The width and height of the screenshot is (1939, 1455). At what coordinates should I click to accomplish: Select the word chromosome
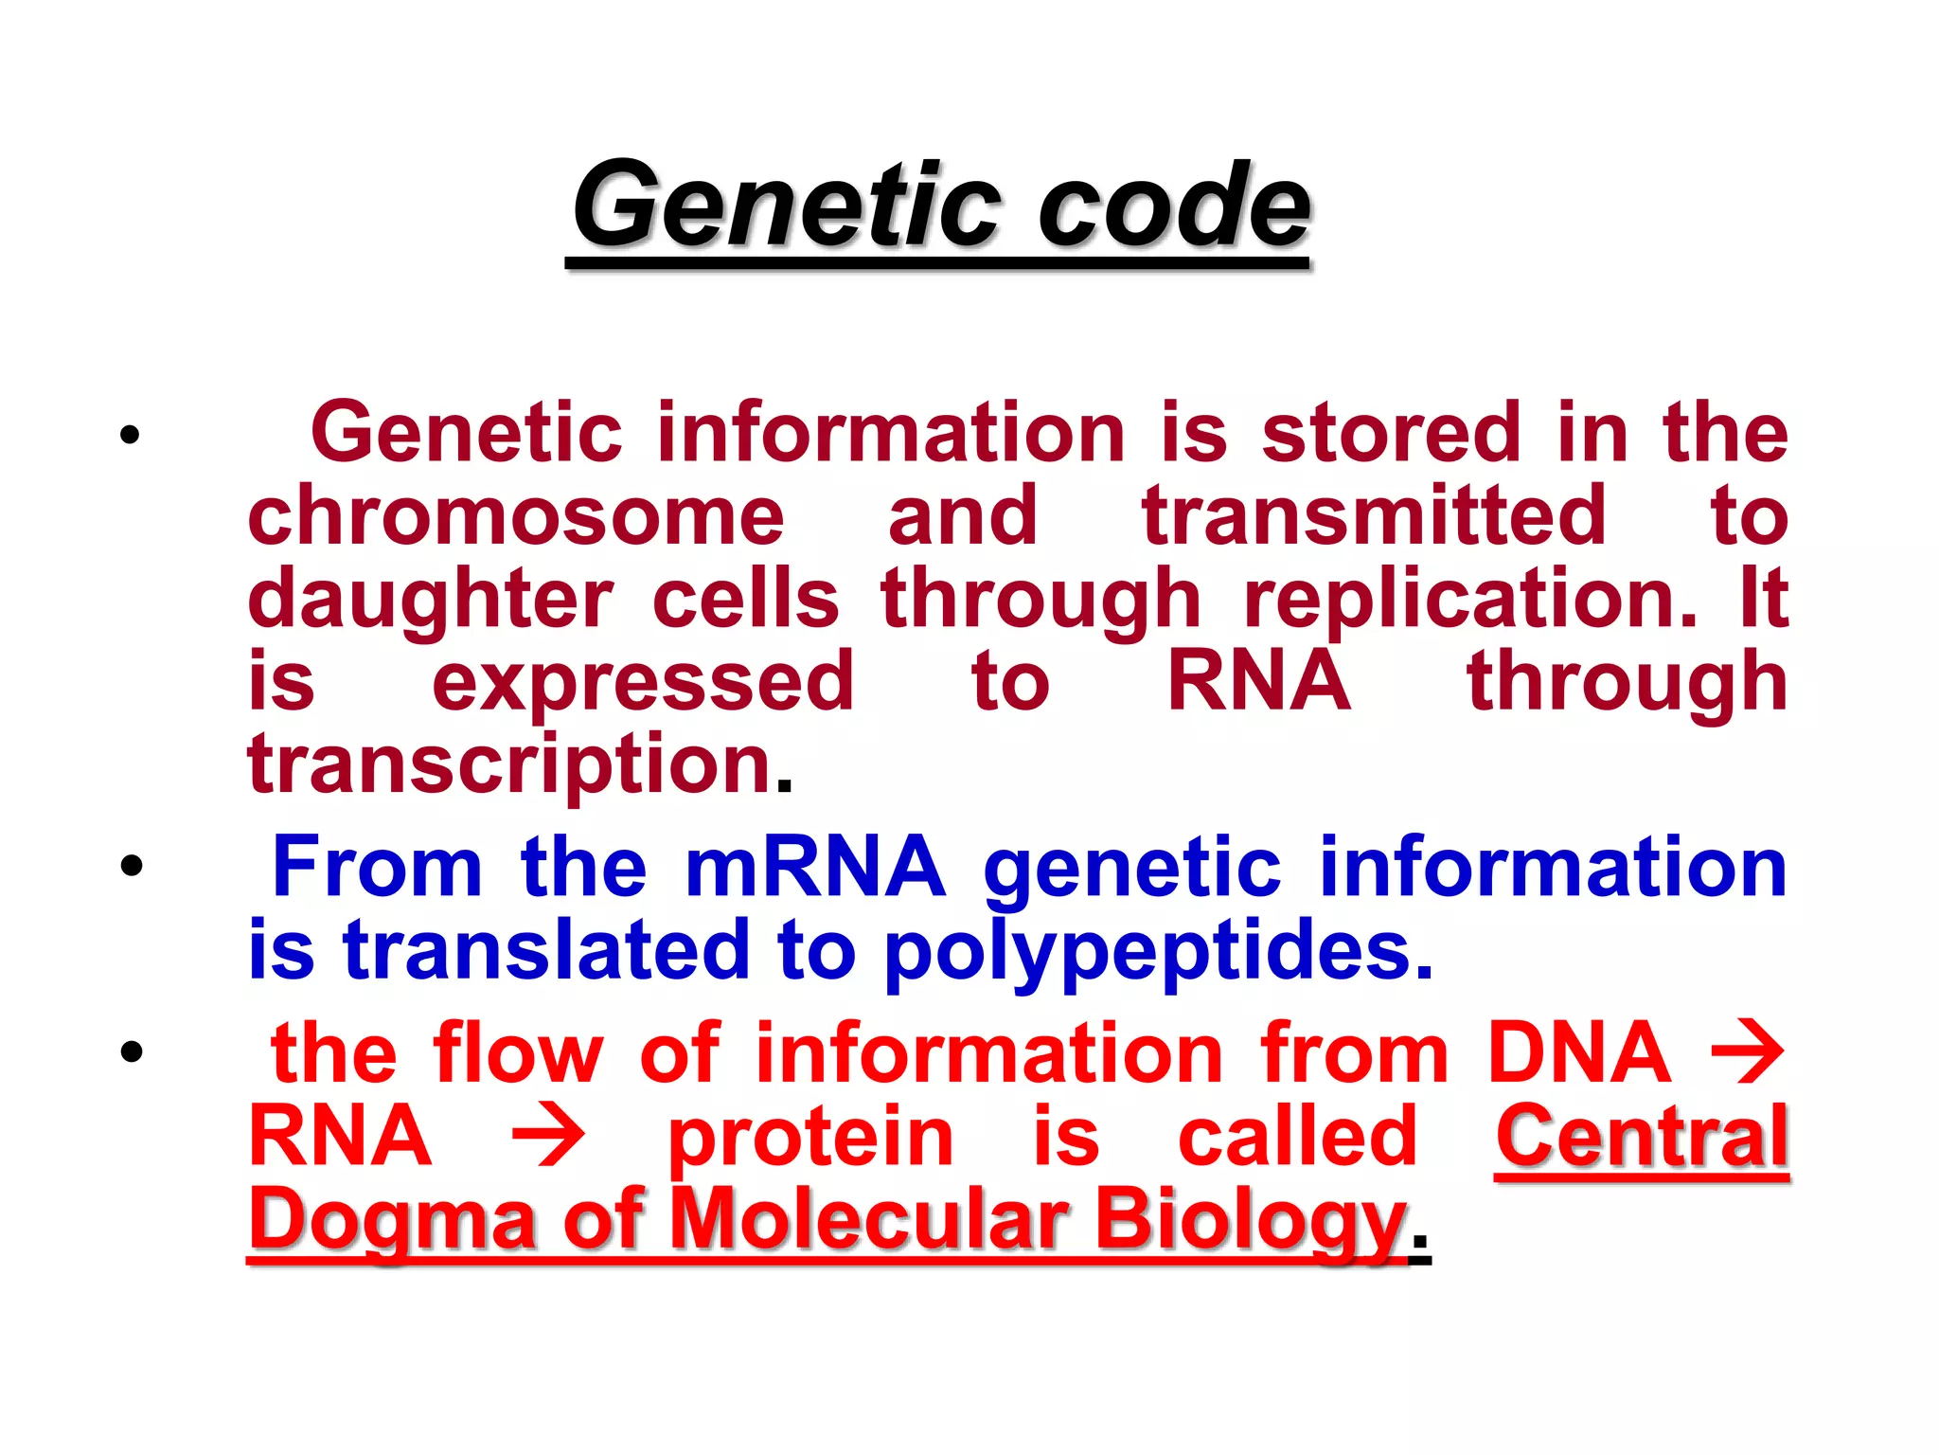pyautogui.click(x=516, y=517)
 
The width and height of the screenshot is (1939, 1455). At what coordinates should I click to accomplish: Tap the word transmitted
pyautogui.click(x=1374, y=517)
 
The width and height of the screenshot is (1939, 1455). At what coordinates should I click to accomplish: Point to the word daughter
pyautogui.click(x=431, y=601)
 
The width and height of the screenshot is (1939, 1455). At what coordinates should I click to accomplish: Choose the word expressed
pyautogui.click(x=643, y=683)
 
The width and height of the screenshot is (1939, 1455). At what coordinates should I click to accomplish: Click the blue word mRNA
pyautogui.click(x=815, y=868)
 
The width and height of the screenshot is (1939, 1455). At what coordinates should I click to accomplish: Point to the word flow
pyautogui.click(x=517, y=1053)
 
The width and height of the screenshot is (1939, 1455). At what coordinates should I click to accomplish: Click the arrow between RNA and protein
pyautogui.click(x=548, y=1138)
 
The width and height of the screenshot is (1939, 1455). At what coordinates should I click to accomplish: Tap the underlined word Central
pyautogui.click(x=1642, y=1137)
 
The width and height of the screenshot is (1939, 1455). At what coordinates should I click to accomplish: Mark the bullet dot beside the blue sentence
pyautogui.click(x=132, y=865)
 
